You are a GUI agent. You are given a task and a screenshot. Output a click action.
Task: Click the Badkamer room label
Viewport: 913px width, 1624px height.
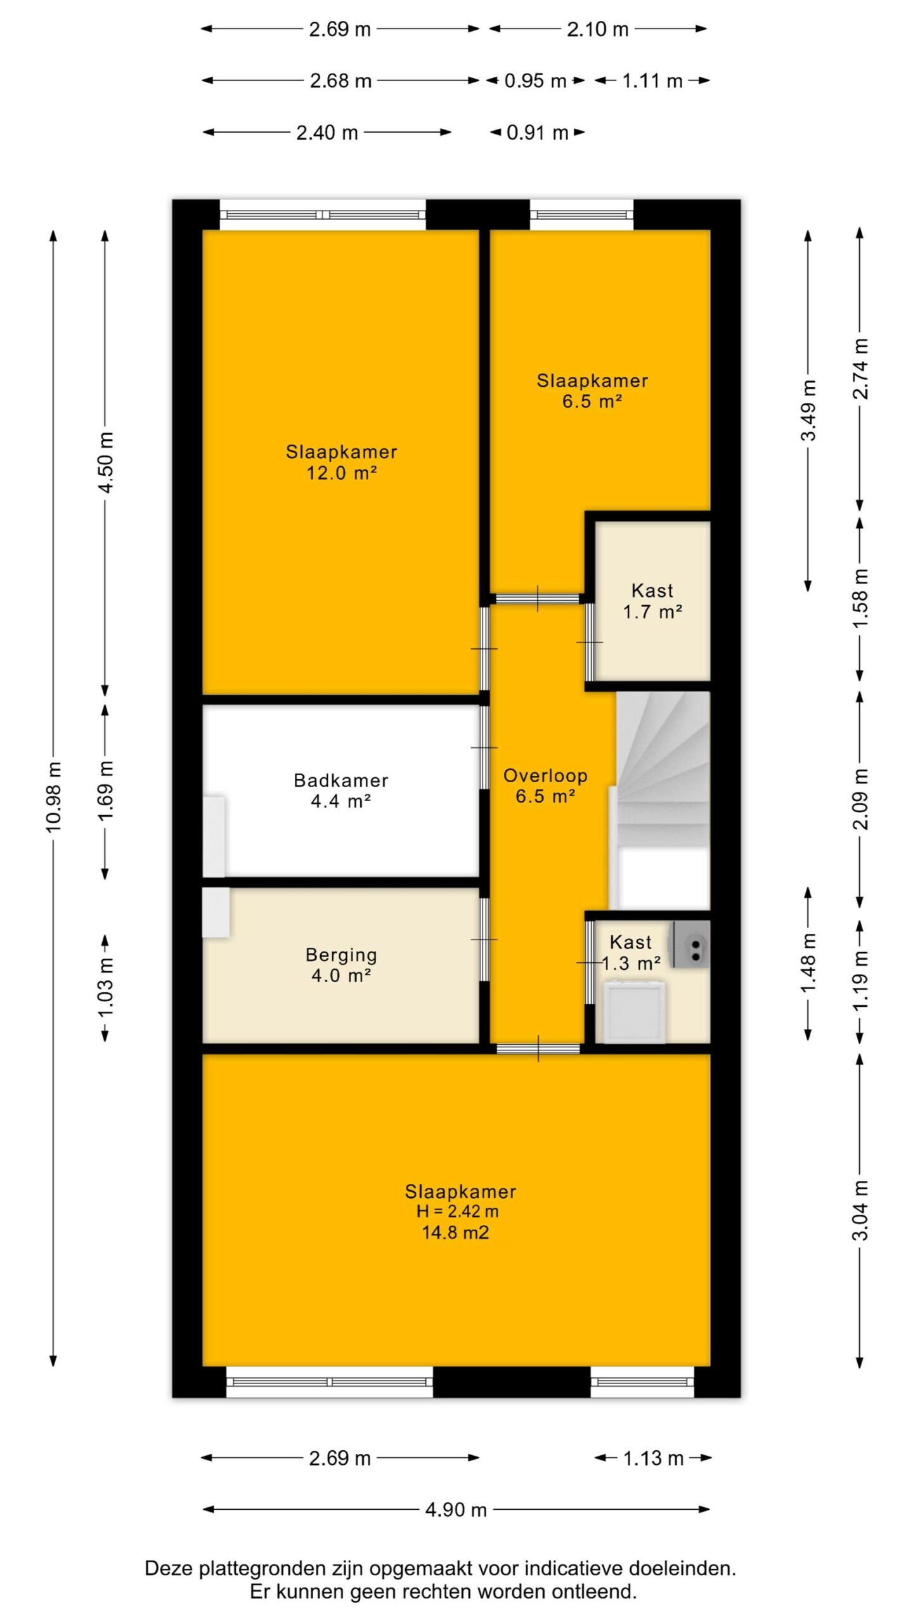pos(340,780)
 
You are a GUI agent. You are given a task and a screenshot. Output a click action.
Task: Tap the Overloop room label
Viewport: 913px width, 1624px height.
pos(545,775)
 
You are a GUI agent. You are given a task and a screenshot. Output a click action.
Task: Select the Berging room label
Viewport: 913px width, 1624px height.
pos(341,955)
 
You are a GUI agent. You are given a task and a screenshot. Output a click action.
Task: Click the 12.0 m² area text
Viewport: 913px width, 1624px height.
pos(342,473)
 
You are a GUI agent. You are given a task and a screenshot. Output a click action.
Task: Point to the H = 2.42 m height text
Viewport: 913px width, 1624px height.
pos(457,1211)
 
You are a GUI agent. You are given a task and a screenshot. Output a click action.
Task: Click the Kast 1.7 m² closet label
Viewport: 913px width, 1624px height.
pos(652,601)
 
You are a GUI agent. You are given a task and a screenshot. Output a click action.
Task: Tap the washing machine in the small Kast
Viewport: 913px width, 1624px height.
pos(635,1012)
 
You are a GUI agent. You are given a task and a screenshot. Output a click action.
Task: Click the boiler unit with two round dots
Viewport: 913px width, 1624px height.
pos(692,945)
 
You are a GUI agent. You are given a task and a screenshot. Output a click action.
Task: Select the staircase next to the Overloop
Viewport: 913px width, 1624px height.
pos(663,800)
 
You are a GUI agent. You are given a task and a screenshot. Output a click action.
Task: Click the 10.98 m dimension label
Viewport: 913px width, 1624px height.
pos(54,797)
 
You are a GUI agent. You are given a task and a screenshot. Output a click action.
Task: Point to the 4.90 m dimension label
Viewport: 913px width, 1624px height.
pos(456,1509)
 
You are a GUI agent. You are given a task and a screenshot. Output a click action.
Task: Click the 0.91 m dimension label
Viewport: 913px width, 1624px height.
pos(537,133)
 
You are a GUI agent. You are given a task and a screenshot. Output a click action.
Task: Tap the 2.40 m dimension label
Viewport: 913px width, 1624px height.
pos(327,133)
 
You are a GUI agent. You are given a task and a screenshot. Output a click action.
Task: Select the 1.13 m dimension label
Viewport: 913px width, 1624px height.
pos(653,1458)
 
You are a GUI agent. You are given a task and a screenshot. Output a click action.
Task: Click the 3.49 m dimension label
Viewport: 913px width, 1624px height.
pos(808,410)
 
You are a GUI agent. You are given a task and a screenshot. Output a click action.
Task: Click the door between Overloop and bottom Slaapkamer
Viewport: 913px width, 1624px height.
pos(538,1049)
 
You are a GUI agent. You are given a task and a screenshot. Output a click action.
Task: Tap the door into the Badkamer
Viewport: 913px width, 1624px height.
pos(484,748)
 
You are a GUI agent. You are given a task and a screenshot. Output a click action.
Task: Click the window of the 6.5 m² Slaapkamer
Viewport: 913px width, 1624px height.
pos(581,215)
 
